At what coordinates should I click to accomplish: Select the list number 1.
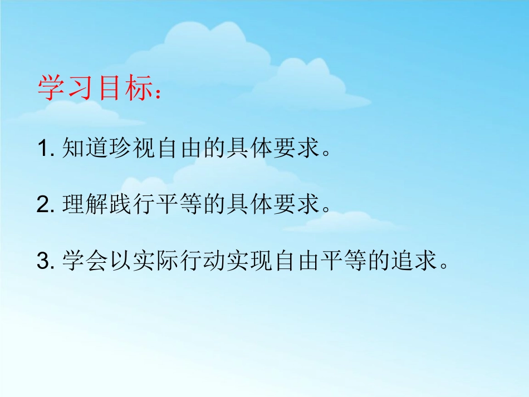(43, 149)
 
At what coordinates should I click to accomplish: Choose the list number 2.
(43, 205)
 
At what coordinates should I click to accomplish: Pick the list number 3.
(43, 261)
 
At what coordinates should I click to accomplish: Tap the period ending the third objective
(444, 266)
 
